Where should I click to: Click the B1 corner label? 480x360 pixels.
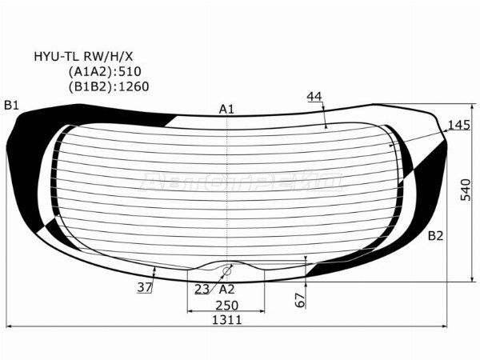pos(12,106)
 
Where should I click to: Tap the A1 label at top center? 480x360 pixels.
pos(226,110)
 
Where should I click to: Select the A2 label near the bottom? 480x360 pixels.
pos(227,289)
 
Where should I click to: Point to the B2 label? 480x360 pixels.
pos(435,236)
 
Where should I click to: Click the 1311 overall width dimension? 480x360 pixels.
pos(227,320)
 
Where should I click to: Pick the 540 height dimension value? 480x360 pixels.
pos(466,190)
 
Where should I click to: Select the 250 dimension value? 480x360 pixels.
pos(227,306)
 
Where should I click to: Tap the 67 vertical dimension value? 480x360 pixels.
pos(300,300)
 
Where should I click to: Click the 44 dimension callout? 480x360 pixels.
pos(314,97)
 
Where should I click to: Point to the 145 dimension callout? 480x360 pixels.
pos(458,125)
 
